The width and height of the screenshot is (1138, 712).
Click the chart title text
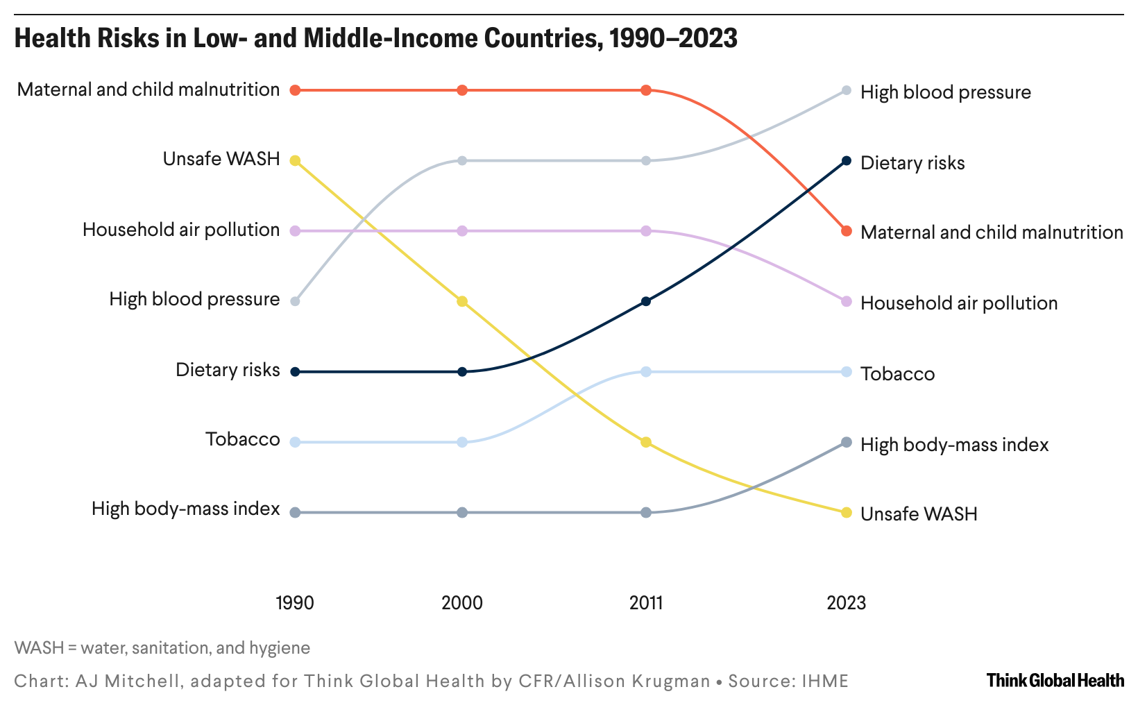click(375, 39)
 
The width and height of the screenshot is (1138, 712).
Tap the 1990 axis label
click(295, 602)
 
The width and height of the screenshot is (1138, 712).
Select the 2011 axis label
click(646, 602)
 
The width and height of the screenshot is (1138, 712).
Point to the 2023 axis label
click(846, 602)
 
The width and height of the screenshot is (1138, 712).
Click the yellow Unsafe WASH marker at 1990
click(295, 161)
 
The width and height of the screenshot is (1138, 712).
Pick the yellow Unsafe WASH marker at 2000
click(462, 301)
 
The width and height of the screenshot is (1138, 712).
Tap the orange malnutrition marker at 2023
click(846, 231)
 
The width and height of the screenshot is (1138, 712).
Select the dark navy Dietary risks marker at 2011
click(646, 301)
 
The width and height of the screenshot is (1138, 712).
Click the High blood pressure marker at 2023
click(846, 90)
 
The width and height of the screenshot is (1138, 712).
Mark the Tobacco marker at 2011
click(646, 372)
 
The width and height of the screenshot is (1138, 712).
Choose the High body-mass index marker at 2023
click(846, 442)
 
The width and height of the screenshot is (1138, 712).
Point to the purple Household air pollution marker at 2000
click(462, 230)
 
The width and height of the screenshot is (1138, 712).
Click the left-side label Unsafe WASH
click(221, 160)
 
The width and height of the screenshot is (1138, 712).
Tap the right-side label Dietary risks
click(912, 163)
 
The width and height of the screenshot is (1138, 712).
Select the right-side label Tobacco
click(897, 374)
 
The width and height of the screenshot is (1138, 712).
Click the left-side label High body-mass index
click(186, 509)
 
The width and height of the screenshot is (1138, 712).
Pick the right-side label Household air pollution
click(959, 303)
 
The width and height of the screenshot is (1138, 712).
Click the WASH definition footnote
click(162, 648)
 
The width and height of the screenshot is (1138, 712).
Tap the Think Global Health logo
click(1055, 680)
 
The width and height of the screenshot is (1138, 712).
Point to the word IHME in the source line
click(825, 681)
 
